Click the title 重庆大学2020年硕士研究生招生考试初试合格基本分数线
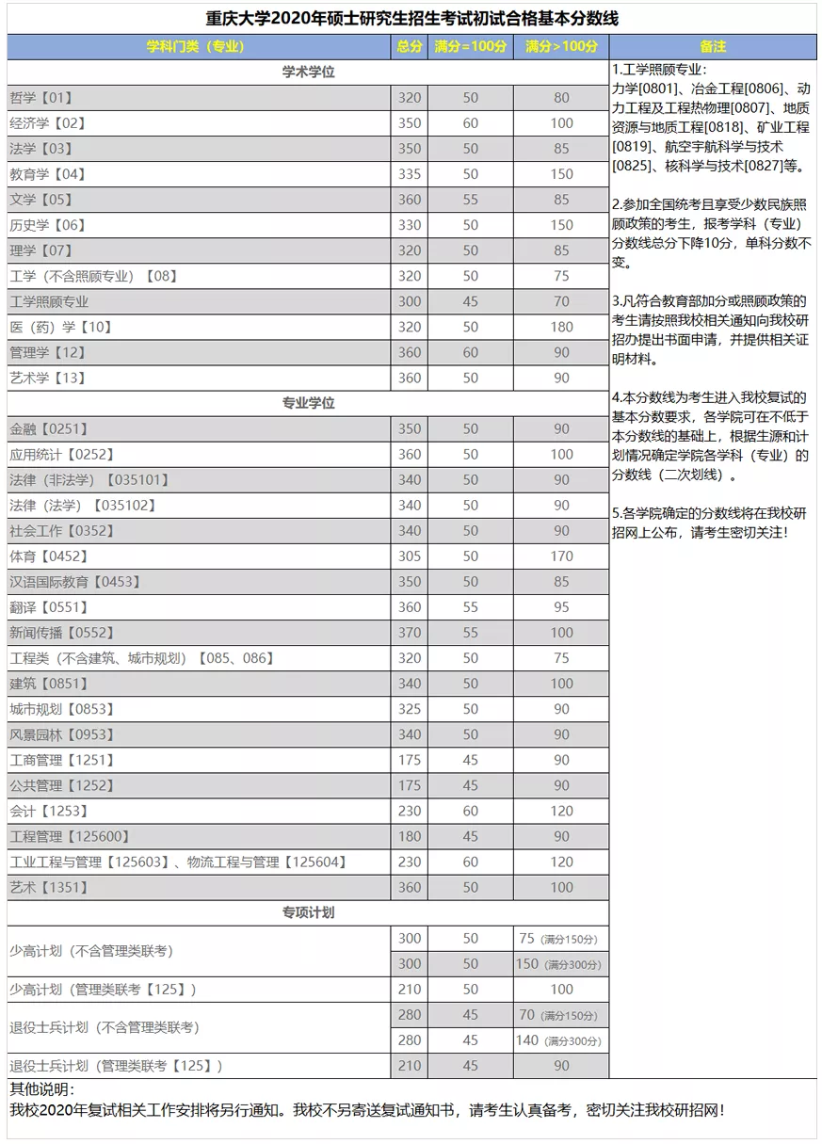(x=411, y=19)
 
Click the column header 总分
(x=409, y=46)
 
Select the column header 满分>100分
(x=561, y=46)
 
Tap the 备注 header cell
(x=713, y=46)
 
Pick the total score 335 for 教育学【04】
(x=409, y=174)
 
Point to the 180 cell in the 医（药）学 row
(x=561, y=327)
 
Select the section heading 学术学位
(x=308, y=72)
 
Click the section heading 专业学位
(x=308, y=403)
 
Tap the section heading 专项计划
(x=308, y=912)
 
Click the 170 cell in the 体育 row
(x=561, y=556)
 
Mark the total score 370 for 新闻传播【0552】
(x=409, y=633)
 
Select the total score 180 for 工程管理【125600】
(x=409, y=836)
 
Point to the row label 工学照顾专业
(x=49, y=301)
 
